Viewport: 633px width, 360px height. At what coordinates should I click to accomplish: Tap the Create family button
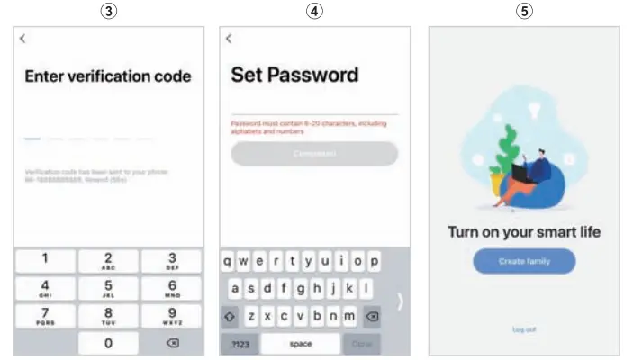tap(524, 261)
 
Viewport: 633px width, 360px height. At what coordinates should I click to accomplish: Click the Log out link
tap(524, 329)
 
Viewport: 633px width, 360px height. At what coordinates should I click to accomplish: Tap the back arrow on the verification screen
tap(23, 38)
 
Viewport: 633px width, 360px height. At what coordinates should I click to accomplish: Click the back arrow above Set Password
tap(229, 38)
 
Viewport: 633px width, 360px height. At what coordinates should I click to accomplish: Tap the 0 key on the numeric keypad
tap(108, 343)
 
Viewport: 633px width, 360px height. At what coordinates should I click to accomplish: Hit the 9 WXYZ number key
tap(172, 315)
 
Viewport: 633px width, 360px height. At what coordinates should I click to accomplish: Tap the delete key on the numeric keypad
tap(172, 343)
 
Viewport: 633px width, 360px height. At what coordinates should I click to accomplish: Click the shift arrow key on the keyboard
tap(231, 316)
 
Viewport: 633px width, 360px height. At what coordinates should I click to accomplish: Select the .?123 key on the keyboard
tap(240, 344)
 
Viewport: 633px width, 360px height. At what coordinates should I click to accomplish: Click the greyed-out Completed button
tap(314, 153)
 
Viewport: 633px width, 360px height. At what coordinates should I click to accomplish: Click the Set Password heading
tap(294, 75)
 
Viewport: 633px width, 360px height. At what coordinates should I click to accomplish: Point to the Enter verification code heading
tap(108, 76)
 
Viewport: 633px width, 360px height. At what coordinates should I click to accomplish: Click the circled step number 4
tap(314, 11)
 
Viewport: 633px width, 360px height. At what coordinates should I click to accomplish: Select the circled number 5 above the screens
tap(524, 11)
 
